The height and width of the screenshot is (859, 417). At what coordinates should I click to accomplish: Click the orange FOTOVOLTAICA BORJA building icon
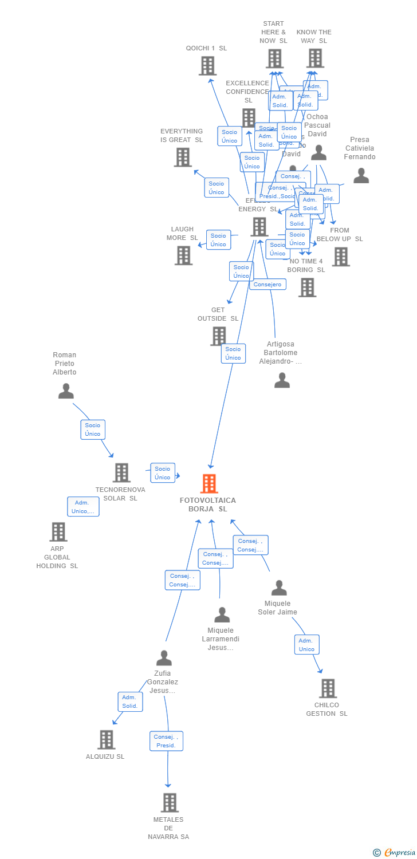click(x=209, y=483)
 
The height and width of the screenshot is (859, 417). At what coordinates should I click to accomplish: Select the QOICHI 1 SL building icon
click(x=207, y=66)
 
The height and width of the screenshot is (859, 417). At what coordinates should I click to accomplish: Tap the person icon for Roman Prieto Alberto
click(x=66, y=391)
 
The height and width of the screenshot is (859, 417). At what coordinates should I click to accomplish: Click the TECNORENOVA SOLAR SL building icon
click(x=121, y=472)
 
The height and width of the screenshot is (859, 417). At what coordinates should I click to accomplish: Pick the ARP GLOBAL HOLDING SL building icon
click(x=58, y=532)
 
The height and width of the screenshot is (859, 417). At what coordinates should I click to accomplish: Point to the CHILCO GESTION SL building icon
click(x=328, y=688)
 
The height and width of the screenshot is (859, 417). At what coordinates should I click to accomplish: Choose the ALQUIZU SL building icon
click(x=106, y=739)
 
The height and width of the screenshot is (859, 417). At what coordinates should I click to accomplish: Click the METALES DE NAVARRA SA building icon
click(x=169, y=802)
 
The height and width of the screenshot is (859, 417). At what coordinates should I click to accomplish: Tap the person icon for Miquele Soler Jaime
click(x=279, y=588)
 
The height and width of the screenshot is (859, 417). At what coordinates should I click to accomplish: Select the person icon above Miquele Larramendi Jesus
click(x=222, y=614)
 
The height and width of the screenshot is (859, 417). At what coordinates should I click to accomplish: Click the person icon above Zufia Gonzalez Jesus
click(x=164, y=658)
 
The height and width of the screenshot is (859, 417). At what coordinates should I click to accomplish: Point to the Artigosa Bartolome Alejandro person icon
click(x=282, y=380)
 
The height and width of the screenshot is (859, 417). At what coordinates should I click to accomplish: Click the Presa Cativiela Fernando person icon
click(x=361, y=176)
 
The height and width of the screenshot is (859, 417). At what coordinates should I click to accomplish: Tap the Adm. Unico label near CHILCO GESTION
click(x=306, y=645)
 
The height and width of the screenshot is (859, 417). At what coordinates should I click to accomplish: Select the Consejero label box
click(x=267, y=284)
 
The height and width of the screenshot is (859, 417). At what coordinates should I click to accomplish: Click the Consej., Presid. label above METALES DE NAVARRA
click(x=166, y=741)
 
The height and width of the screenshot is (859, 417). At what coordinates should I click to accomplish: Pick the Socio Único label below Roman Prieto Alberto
click(x=93, y=429)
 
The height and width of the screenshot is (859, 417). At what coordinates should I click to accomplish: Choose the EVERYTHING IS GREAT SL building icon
click(x=183, y=157)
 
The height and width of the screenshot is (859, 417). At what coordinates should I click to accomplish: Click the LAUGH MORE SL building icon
click(x=183, y=255)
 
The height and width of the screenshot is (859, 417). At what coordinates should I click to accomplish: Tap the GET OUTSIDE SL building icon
click(x=218, y=336)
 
